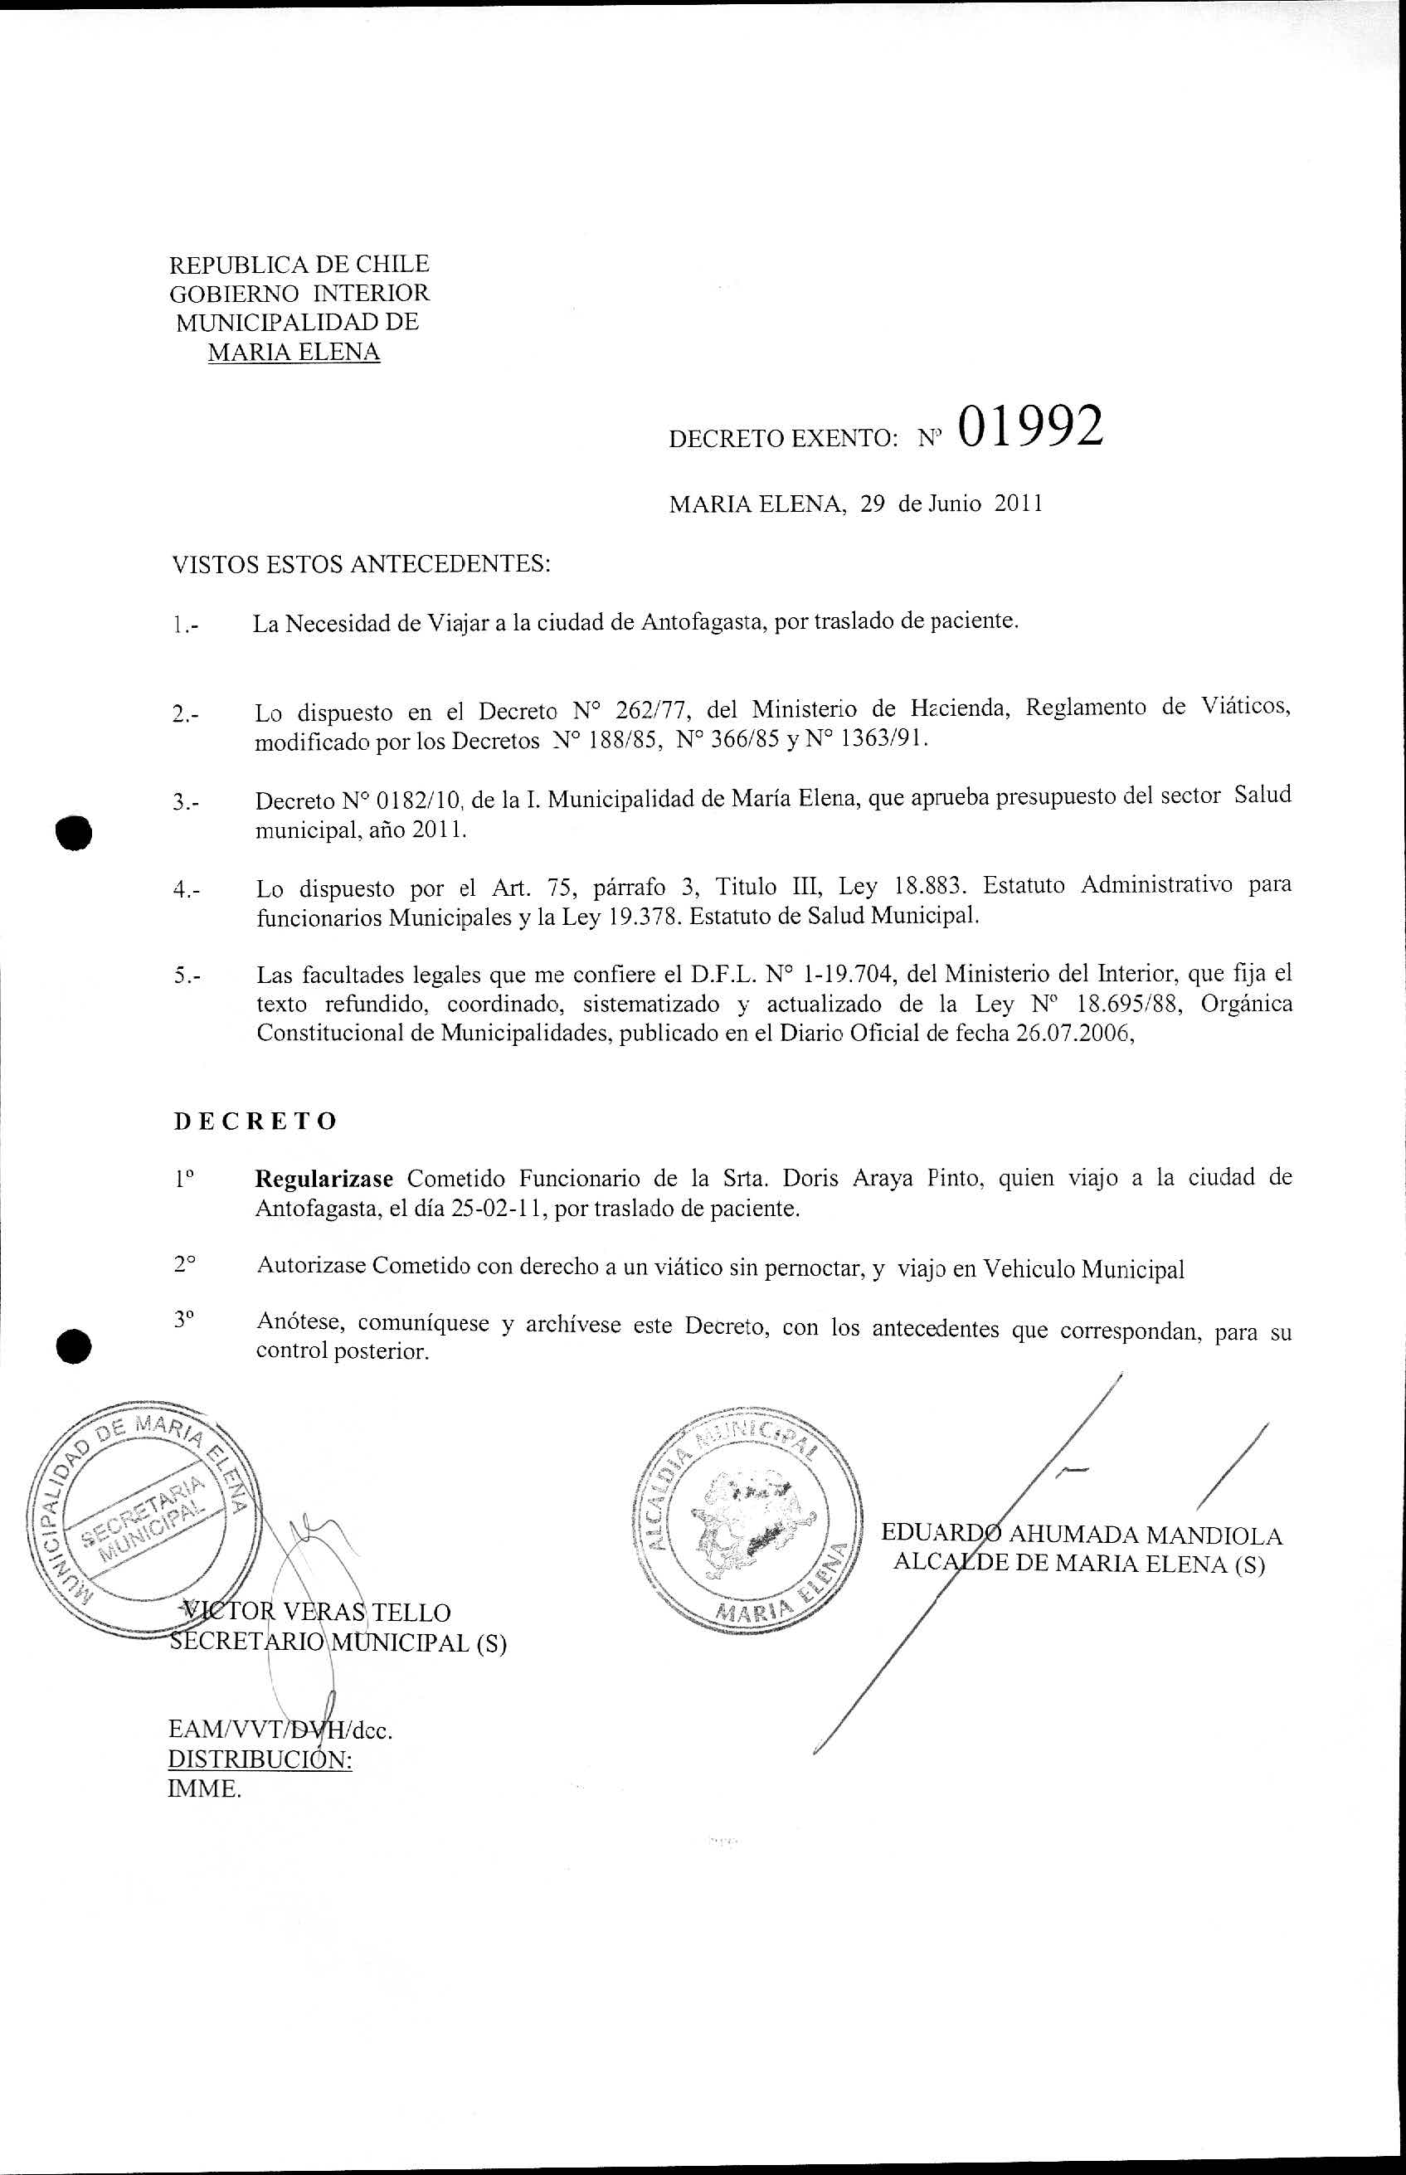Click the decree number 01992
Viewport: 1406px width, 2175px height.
(1030, 426)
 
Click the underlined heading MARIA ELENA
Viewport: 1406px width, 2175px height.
(294, 353)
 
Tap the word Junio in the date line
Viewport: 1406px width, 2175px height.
(954, 504)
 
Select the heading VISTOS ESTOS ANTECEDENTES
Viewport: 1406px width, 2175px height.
(362, 565)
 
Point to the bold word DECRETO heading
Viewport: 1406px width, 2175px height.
(255, 1122)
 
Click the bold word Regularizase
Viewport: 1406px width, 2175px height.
(324, 1178)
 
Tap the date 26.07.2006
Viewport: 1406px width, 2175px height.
(1073, 1034)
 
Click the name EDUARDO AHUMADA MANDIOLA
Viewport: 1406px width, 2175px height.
(1081, 1535)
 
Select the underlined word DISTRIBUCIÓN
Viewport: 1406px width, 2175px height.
(260, 1759)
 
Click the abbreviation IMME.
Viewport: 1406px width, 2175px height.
(205, 1789)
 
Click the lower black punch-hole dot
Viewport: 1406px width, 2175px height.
(74, 1345)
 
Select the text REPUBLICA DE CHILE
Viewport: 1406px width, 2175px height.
(299, 265)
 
